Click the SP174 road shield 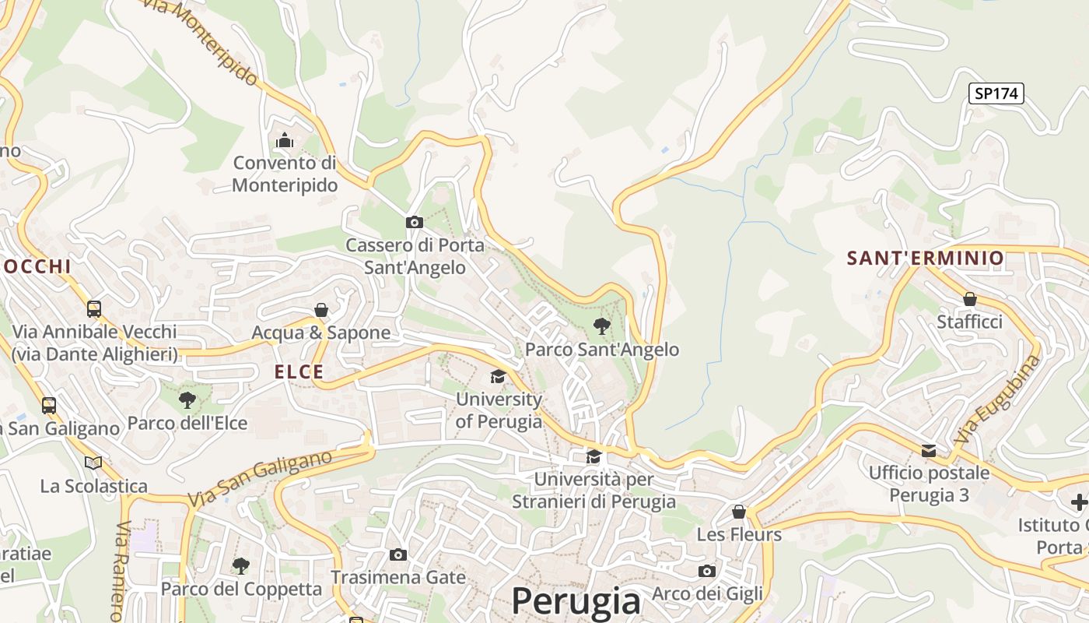point(996,93)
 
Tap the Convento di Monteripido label point(285,174)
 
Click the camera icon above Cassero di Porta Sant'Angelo point(415,222)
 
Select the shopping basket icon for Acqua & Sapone point(320,310)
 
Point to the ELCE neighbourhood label point(299,372)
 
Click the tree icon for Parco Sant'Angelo point(601,326)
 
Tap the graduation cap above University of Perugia point(498,377)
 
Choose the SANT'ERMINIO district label point(925,258)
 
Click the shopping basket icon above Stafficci point(969,299)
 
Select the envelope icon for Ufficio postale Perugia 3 point(929,450)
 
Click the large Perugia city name point(576,601)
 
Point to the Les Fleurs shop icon point(739,512)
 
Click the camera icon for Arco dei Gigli point(706,571)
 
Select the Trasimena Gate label point(398,577)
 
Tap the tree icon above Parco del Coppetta point(241,565)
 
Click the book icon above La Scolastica point(93,463)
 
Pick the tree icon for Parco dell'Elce point(187,400)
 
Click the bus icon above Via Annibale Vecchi point(94,308)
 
